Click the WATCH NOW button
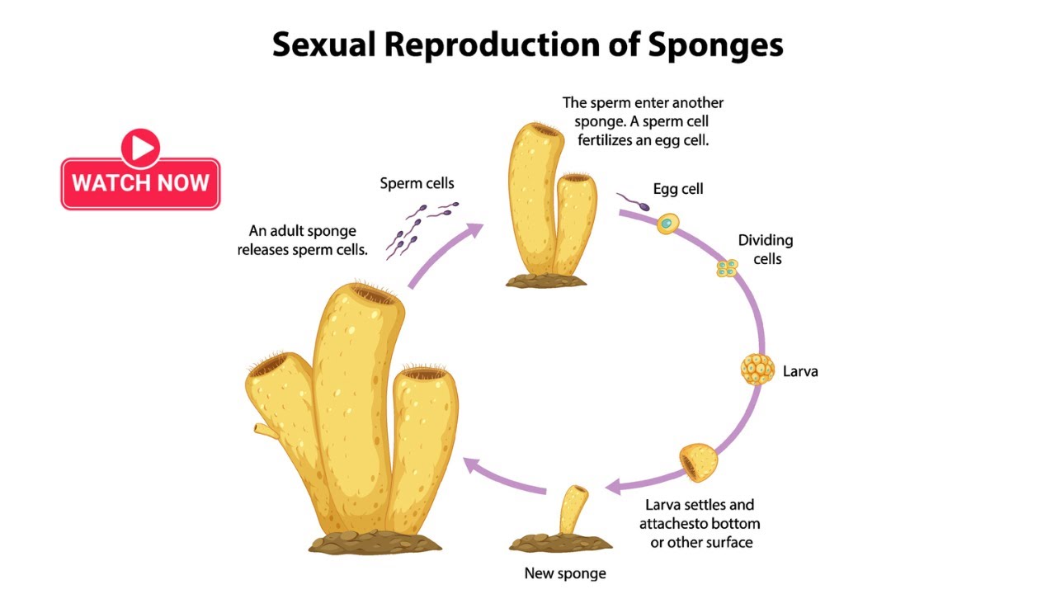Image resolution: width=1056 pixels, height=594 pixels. (x=140, y=182)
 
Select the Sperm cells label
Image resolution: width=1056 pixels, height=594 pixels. (x=417, y=183)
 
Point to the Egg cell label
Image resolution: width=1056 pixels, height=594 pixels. (x=678, y=189)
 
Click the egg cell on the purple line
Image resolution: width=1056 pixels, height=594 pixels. (x=667, y=223)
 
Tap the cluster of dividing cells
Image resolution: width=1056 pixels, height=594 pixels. (x=726, y=267)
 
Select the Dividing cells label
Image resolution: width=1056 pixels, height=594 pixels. (x=765, y=249)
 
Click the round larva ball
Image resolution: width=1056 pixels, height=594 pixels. (x=757, y=369)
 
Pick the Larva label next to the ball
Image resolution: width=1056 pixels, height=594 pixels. (x=800, y=371)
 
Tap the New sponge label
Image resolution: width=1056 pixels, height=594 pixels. (x=565, y=573)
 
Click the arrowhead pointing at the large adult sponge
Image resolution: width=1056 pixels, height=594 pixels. (x=474, y=467)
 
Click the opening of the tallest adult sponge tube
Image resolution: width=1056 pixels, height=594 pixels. (x=376, y=294)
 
